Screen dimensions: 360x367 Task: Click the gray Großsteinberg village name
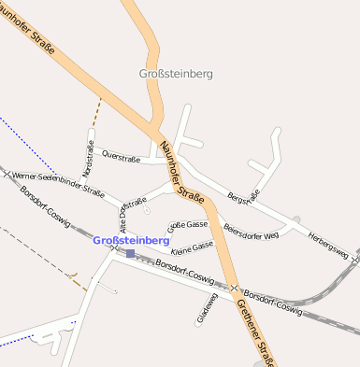coord(176,73)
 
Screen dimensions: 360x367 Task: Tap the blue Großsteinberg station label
coord(132,241)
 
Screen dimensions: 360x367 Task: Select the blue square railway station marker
coord(130,253)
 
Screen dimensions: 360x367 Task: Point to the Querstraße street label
coord(121,155)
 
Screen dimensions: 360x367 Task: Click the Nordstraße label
coord(89,158)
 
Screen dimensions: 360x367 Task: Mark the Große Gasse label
coord(187,225)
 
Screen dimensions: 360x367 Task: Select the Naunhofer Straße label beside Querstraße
coord(182,170)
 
